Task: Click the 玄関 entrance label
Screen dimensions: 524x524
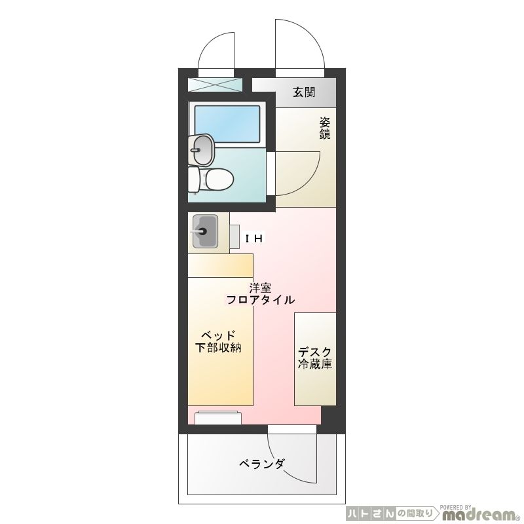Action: pos(304,92)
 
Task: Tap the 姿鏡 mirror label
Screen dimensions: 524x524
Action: pos(324,128)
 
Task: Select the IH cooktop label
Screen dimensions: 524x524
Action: pos(253,239)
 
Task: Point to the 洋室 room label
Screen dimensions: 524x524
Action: pos(260,288)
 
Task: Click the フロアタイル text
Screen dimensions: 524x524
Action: pos(260,300)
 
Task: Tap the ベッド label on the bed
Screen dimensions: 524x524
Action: pos(218,335)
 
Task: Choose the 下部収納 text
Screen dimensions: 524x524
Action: pos(219,348)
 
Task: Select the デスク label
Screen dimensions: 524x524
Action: pos(315,352)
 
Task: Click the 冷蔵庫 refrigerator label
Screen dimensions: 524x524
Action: pos(315,364)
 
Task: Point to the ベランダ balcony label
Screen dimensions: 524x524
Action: pos(261,464)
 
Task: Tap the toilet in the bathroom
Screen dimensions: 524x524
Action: pos(211,178)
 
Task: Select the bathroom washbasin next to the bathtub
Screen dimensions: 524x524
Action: pos(201,150)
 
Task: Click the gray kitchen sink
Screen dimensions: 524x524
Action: pos(204,231)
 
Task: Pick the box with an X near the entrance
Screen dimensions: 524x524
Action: pos(215,84)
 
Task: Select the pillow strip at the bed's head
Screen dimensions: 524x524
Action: pos(220,265)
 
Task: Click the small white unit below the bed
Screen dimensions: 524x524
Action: pos(218,417)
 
